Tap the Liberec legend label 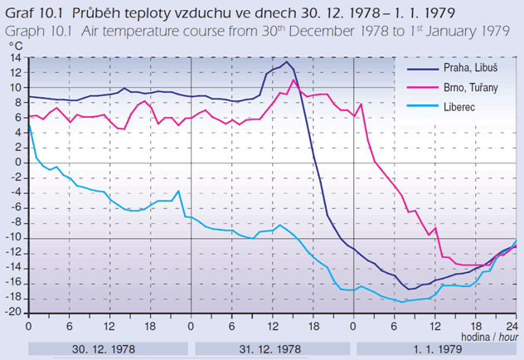click(x=461, y=106)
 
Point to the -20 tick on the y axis click(x=14, y=313)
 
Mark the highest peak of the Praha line click(x=287, y=62)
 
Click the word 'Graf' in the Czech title click(x=19, y=12)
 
